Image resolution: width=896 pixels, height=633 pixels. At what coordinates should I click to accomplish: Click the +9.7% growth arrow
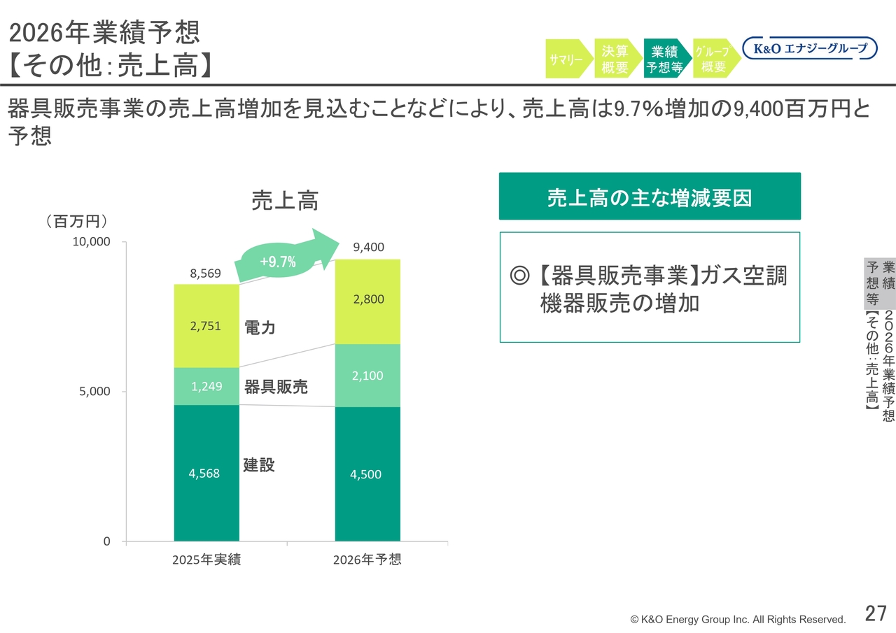coord(286,258)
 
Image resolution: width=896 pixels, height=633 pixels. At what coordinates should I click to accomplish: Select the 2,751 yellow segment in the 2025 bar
coord(206,326)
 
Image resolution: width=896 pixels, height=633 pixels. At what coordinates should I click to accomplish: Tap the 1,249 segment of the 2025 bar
coord(206,386)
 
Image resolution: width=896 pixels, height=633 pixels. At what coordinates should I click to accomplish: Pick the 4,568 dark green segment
coord(206,473)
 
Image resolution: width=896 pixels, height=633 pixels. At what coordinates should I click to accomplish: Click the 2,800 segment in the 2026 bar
coord(367,301)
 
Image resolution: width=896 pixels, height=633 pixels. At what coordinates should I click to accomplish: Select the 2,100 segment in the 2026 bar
coord(367,376)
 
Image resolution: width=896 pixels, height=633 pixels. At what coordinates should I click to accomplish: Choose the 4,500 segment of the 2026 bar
coord(367,474)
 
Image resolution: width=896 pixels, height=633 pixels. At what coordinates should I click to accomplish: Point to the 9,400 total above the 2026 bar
coord(368,248)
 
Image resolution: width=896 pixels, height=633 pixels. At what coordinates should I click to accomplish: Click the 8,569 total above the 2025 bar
coord(205,273)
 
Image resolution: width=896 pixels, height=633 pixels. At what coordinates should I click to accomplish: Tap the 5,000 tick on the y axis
coord(94,391)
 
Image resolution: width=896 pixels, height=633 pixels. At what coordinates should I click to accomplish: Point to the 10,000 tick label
coord(91,241)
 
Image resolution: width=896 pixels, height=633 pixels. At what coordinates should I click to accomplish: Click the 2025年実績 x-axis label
coord(206,560)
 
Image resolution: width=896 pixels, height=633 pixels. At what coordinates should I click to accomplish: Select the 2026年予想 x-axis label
coord(367,560)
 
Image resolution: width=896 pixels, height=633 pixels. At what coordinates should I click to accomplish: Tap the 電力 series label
coord(260,327)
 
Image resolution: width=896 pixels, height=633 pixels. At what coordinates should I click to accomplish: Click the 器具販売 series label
coord(276,387)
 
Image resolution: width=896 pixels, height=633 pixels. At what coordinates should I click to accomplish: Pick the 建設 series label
coord(259,464)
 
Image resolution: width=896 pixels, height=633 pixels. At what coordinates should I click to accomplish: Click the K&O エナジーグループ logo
coord(810,48)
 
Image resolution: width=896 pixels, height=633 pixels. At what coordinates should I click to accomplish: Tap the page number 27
coord(876,613)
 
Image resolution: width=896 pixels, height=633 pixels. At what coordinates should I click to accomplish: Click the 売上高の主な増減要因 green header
coord(650,197)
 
